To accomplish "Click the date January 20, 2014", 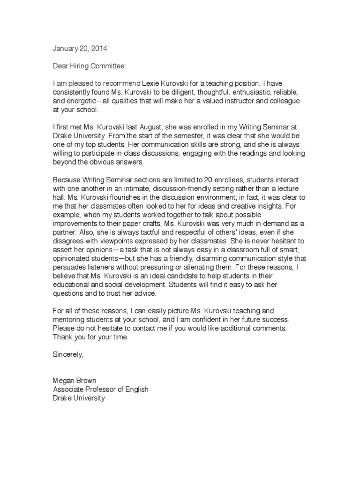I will click(75, 49).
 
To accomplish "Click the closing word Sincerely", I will click(68, 355).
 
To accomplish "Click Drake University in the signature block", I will click(79, 399).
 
